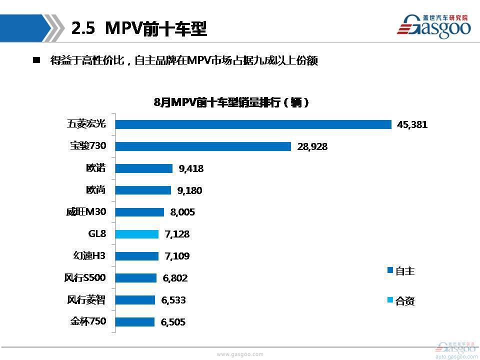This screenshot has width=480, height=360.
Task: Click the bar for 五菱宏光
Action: pos(253,124)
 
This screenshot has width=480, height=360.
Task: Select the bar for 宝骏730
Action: pos(203,146)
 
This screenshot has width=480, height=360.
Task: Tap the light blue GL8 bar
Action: pos(137,234)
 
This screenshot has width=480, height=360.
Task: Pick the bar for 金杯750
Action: pos(135,322)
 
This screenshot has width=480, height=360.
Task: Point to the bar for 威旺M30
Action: pos(139,212)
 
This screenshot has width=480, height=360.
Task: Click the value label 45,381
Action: pos(412,125)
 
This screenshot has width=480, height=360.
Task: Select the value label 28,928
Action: pos(312,147)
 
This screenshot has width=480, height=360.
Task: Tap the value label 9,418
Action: pos(191,168)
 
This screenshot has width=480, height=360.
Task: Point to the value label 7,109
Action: pos(177,256)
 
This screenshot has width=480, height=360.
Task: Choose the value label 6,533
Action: pos(173,300)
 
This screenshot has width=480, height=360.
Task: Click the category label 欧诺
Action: pos(96,168)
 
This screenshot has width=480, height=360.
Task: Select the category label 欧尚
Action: pos(96,190)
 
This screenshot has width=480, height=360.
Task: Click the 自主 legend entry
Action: pos(401,271)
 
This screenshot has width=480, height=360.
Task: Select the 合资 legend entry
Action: pos(401,301)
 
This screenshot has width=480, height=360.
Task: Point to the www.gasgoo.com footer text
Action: pos(239,354)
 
